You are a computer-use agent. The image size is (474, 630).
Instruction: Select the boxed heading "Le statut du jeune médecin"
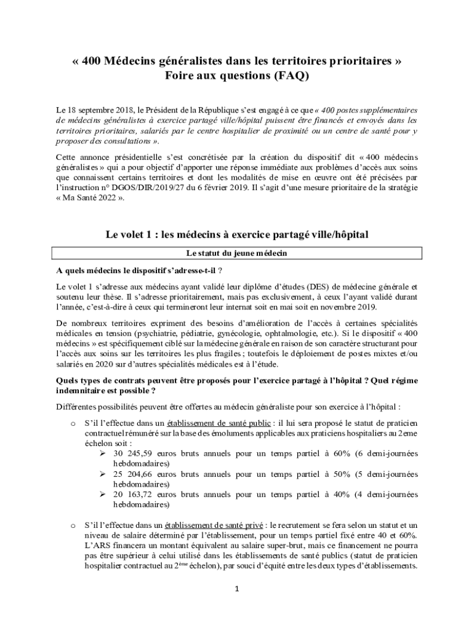[237, 253]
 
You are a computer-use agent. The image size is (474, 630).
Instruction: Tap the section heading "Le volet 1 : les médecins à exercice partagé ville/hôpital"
[237, 234]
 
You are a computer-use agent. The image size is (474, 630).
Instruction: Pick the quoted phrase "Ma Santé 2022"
[89, 198]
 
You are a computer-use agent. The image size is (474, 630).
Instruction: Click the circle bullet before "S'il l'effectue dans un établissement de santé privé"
[73, 526]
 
